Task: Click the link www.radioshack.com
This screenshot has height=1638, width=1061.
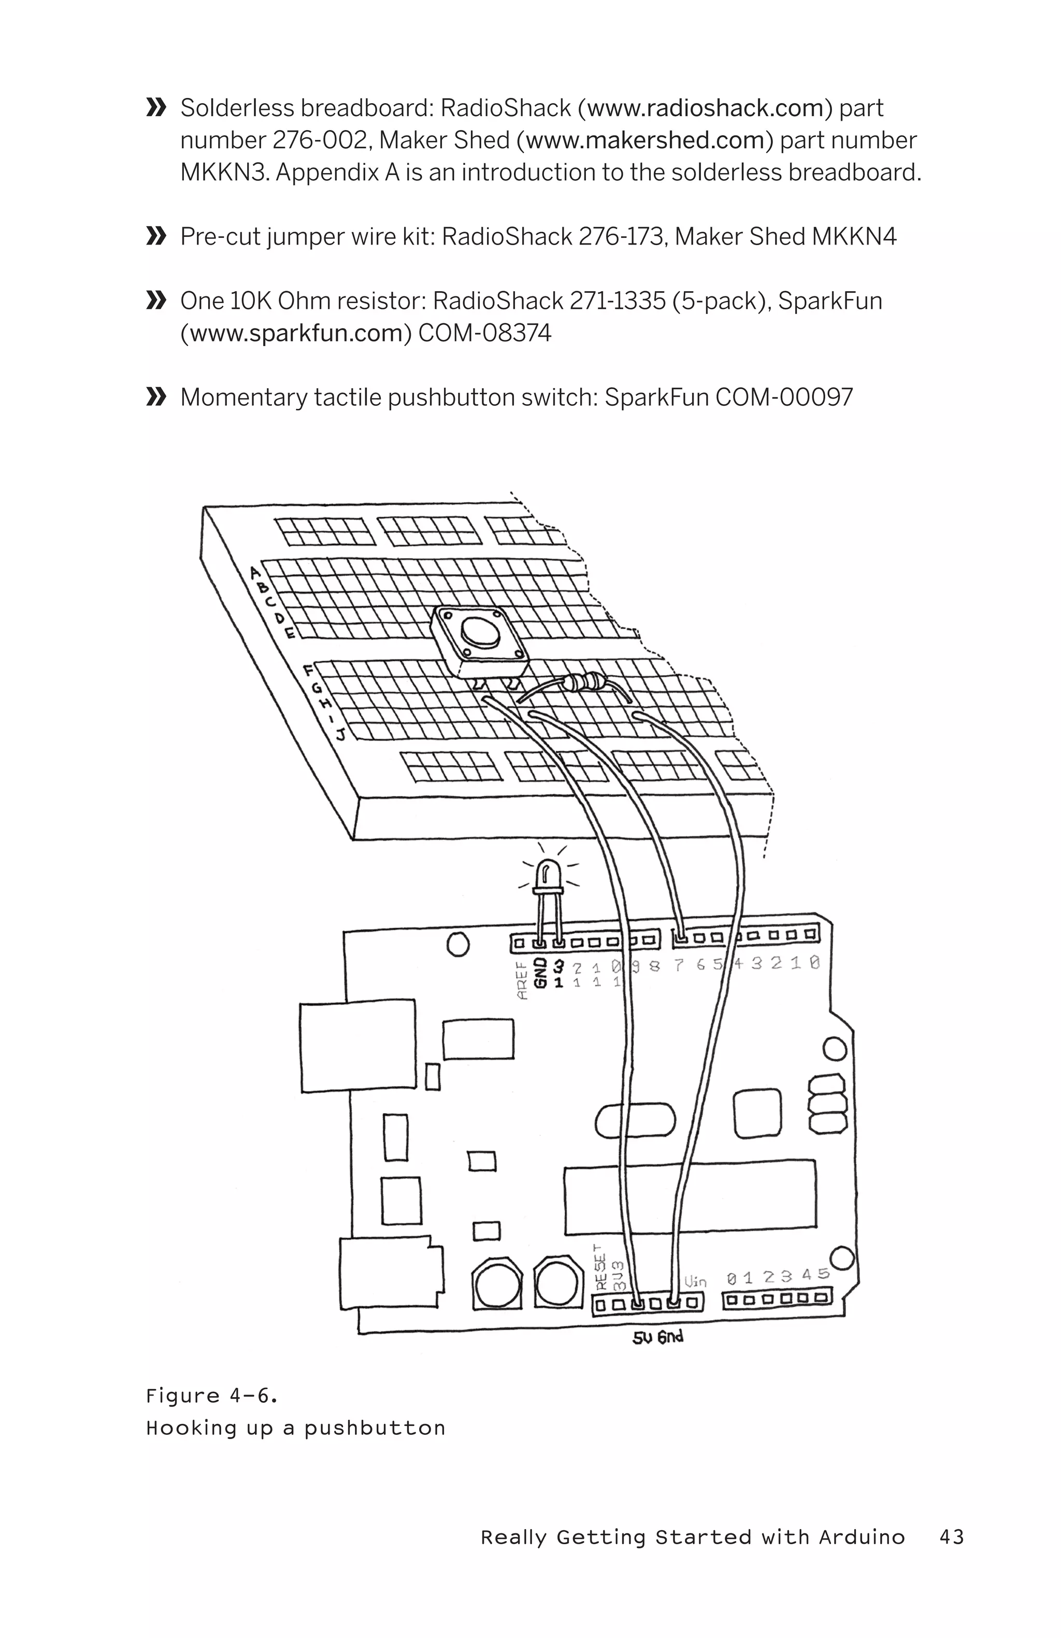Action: (x=705, y=108)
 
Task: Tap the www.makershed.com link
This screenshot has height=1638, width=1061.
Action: (x=644, y=140)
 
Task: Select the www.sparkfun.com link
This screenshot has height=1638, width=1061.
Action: (x=295, y=333)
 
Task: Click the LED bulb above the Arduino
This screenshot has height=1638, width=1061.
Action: (x=549, y=872)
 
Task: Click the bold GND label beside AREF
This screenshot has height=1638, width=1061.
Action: (x=541, y=973)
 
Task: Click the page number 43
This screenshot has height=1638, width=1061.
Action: (x=952, y=1537)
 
